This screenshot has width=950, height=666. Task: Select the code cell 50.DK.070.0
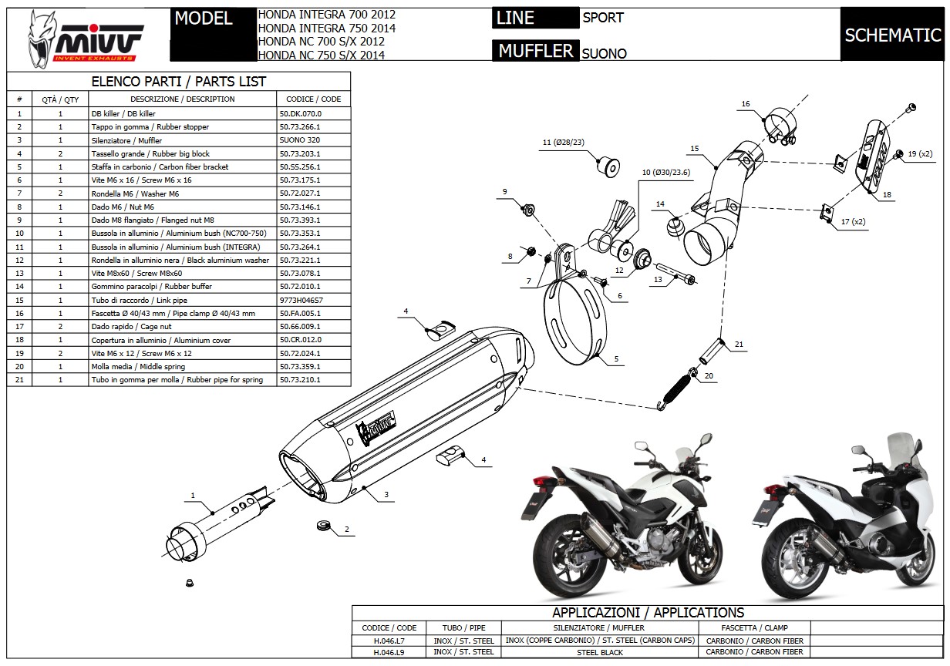point(299,113)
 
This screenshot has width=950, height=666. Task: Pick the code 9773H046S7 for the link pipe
point(302,300)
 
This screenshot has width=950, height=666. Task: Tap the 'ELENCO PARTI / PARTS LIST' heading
point(178,82)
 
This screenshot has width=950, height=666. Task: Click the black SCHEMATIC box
point(892,35)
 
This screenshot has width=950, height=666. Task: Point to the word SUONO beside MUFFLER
point(604,54)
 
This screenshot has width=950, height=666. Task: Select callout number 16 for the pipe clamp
point(746,104)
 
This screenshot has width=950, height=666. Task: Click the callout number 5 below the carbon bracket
point(616,359)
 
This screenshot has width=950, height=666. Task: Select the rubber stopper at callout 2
point(323,526)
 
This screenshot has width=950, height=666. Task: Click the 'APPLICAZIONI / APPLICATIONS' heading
point(648,613)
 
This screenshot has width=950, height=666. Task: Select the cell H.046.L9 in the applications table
point(389,652)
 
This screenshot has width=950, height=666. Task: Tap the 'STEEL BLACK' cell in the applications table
point(601,652)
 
